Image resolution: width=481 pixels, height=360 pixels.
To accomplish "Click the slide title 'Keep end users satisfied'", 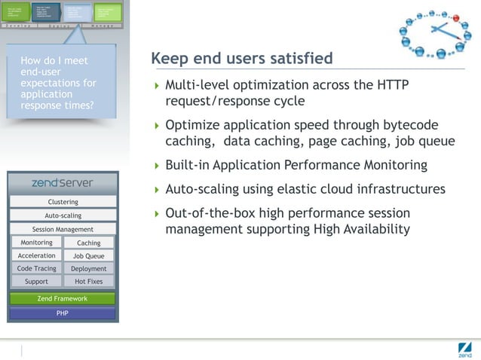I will click(x=241, y=59).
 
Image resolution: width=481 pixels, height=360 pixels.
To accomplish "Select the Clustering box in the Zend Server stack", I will click(x=63, y=202).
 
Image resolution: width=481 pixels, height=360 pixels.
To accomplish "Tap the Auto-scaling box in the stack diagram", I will click(x=63, y=215).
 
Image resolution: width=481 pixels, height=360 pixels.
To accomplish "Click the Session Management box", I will click(x=63, y=229).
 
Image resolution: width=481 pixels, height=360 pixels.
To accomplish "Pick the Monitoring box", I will click(x=36, y=243).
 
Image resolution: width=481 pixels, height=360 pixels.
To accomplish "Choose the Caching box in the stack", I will click(x=88, y=243).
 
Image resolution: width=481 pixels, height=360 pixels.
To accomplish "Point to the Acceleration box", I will click(x=36, y=255).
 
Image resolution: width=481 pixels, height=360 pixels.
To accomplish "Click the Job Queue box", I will click(x=88, y=256).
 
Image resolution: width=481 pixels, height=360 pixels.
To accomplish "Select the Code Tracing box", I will click(x=36, y=268).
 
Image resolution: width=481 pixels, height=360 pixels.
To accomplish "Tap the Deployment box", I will click(x=88, y=269).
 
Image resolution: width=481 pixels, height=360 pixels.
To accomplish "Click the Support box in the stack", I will click(x=36, y=281).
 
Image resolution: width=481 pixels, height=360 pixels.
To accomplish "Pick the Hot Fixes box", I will click(x=88, y=282).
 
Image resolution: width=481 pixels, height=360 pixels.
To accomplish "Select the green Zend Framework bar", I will click(x=63, y=298).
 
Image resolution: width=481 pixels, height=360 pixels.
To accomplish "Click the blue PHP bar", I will click(x=63, y=313).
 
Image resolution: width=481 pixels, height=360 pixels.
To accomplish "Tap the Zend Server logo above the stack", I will click(x=63, y=182).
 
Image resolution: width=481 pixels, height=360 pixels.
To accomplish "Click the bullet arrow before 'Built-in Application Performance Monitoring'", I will click(x=156, y=166).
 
